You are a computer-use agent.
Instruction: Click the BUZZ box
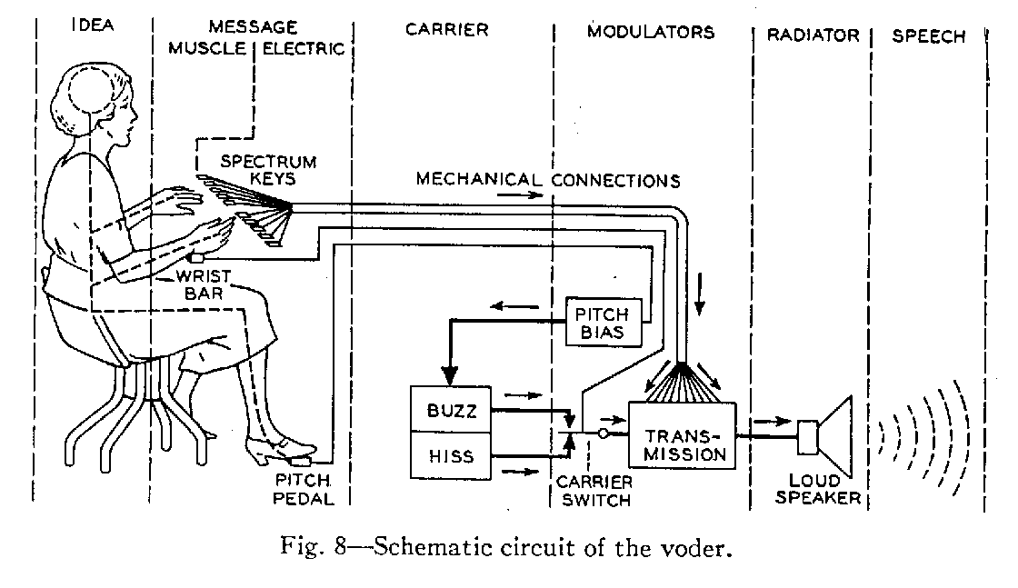point(451,409)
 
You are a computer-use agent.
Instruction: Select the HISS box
point(451,455)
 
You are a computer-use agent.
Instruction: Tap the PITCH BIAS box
point(604,323)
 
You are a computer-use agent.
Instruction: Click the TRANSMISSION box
point(683,435)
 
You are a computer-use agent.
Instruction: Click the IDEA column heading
point(93,25)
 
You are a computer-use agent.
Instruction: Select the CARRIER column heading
point(446,29)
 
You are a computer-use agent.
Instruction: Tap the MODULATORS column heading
point(651,32)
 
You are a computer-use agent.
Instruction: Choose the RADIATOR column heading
point(813,35)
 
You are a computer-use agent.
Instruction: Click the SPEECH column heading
point(928,36)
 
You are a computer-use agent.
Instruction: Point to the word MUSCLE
point(207,49)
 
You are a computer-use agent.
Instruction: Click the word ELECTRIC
point(304,49)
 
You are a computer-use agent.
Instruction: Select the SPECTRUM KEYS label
point(269,170)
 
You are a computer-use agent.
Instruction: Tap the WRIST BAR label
point(204,285)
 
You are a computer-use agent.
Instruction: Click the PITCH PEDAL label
point(304,490)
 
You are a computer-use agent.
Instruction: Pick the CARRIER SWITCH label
point(594,492)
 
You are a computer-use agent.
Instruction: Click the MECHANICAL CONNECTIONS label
point(548,180)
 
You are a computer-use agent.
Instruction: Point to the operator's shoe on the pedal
point(281,448)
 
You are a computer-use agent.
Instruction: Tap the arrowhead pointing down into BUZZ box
point(450,375)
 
